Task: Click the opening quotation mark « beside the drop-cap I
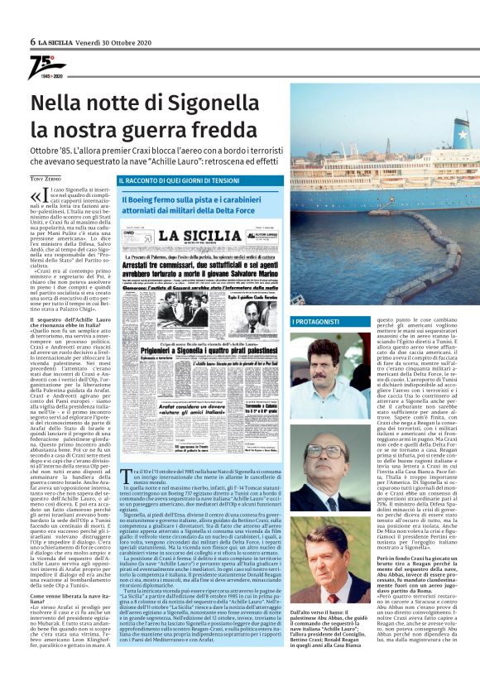36,197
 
